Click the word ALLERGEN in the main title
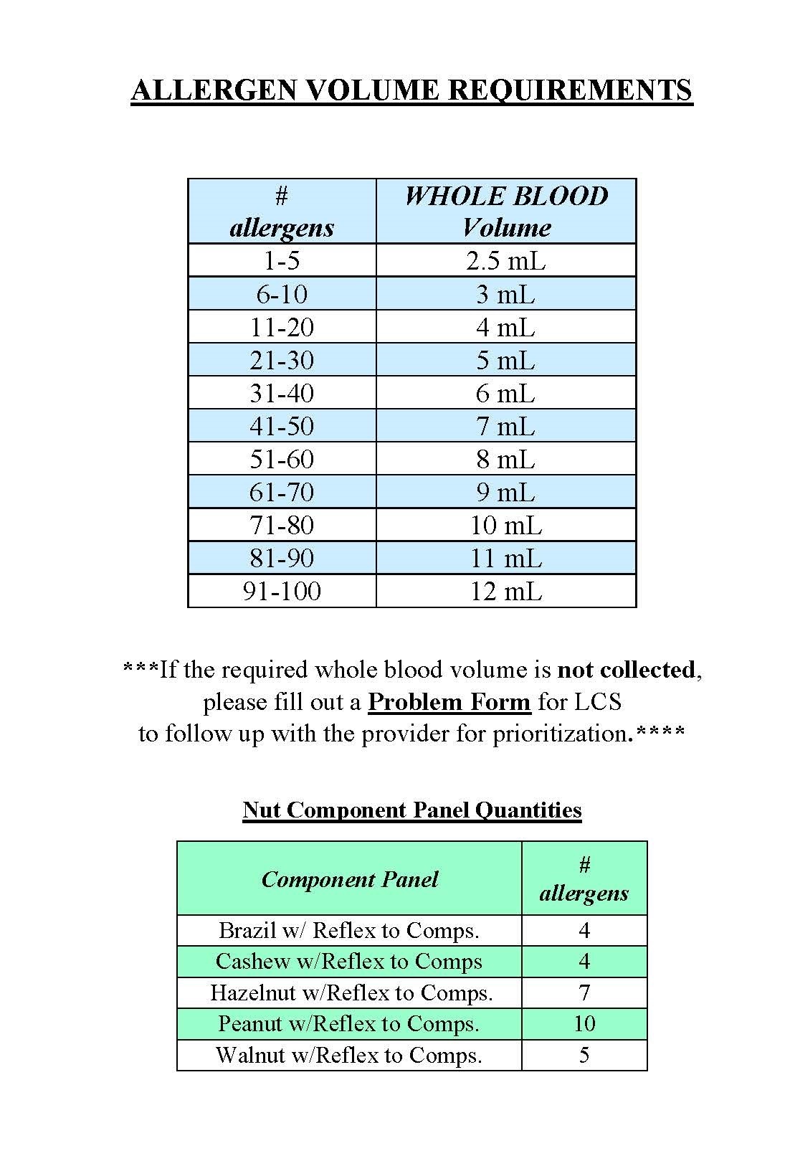pyautogui.click(x=212, y=90)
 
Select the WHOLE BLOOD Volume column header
pyautogui.click(x=506, y=212)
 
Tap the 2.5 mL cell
pyautogui.click(x=506, y=260)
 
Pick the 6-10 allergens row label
pyautogui.click(x=282, y=294)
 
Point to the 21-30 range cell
pyautogui.click(x=282, y=360)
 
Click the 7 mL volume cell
pyautogui.click(x=506, y=427)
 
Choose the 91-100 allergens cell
pyautogui.click(x=282, y=592)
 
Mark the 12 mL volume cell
pyautogui.click(x=506, y=592)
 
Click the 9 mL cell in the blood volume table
pyautogui.click(x=506, y=493)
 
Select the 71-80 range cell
pyautogui.click(x=282, y=526)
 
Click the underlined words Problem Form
pyautogui.click(x=449, y=701)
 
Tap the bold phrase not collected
pyautogui.click(x=626, y=670)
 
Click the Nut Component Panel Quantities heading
pyautogui.click(x=412, y=810)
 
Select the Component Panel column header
pyautogui.click(x=350, y=880)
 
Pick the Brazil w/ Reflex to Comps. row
pyautogui.click(x=349, y=931)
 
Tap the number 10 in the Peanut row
pyautogui.click(x=584, y=1024)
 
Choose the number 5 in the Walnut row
pyautogui.click(x=584, y=1056)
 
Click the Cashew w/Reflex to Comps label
pyautogui.click(x=349, y=962)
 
